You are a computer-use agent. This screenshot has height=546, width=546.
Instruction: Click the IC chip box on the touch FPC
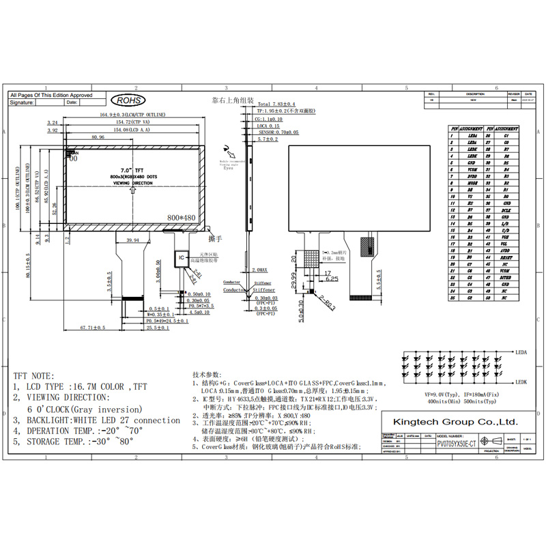[182, 258]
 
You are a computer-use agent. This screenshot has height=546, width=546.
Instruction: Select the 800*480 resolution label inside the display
[182, 218]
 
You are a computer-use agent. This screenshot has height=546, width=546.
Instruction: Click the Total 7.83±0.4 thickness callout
[276, 104]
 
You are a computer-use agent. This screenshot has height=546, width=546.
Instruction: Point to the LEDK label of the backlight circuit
[523, 384]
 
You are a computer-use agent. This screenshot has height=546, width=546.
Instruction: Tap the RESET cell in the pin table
[506, 259]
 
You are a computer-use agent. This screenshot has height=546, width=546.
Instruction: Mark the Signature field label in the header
[23, 102]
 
